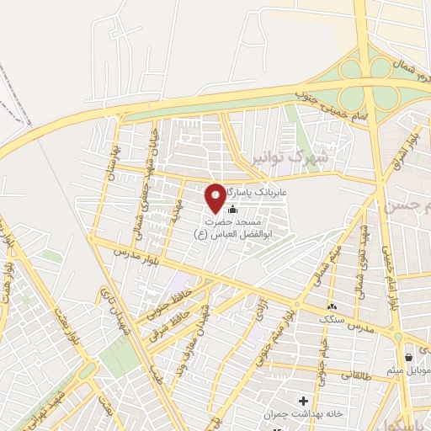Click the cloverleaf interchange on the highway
[x=382, y=77]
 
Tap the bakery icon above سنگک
[x=333, y=307]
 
